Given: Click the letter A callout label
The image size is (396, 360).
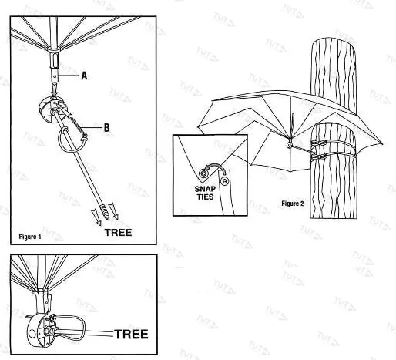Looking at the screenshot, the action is click(x=84, y=76).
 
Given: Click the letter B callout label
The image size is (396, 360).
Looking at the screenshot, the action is click(x=106, y=128).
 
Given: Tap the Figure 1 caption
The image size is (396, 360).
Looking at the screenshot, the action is click(x=30, y=237).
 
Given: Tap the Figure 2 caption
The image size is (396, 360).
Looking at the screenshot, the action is click(x=293, y=204).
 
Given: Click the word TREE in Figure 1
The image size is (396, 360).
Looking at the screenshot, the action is click(x=118, y=233).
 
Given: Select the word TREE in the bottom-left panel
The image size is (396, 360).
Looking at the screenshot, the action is click(x=131, y=334).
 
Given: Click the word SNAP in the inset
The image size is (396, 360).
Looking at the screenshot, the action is click(x=205, y=189).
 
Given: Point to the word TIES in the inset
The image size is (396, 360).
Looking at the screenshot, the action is click(x=206, y=197).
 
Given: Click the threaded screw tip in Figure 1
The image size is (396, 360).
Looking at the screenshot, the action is click(x=106, y=211).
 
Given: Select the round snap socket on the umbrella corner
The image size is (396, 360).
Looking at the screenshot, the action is click(x=204, y=173).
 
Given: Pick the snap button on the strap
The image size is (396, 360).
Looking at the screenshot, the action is click(x=225, y=181).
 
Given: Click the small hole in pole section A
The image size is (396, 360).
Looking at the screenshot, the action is click(x=55, y=76).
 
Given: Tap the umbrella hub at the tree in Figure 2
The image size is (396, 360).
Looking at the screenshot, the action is click(x=289, y=145).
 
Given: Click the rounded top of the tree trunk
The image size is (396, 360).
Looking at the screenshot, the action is click(x=334, y=45).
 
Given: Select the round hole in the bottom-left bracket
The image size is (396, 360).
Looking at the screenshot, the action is click(x=32, y=334).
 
